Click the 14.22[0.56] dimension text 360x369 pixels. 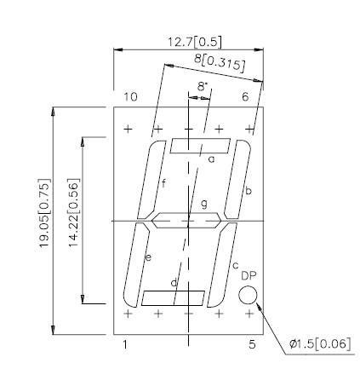(x=73, y=218)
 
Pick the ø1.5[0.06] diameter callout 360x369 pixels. (x=319, y=344)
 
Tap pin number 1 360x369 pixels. (x=126, y=345)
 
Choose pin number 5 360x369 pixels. (x=252, y=345)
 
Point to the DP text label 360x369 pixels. (x=249, y=276)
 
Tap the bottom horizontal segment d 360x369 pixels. (x=174, y=297)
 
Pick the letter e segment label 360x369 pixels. (x=148, y=257)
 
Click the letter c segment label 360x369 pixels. (x=235, y=266)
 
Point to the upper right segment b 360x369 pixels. (x=235, y=179)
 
